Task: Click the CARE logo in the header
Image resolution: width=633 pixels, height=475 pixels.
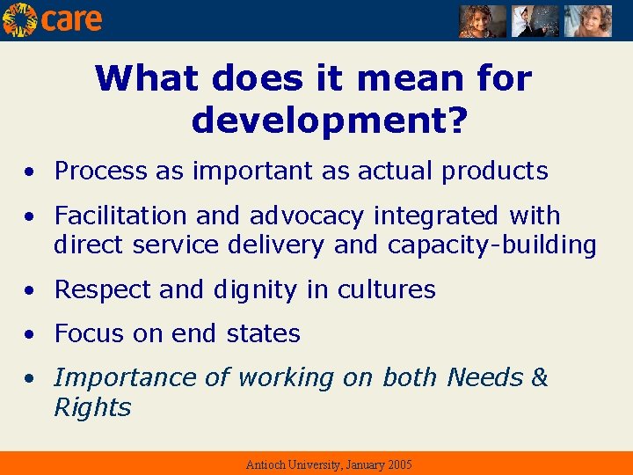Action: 53,19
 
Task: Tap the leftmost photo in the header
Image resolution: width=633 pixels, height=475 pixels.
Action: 483,20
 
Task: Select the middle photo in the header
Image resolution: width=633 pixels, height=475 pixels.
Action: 535,20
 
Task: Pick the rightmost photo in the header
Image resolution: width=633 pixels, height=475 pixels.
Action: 587,20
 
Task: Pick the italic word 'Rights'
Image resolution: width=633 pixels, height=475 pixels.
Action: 92,408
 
